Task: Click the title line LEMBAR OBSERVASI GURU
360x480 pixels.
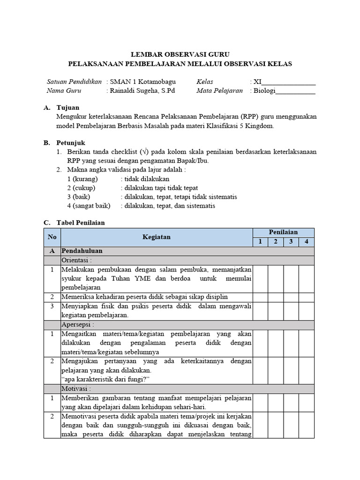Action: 180,54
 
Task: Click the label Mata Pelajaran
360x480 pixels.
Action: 219,91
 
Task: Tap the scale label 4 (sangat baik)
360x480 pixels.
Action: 89,206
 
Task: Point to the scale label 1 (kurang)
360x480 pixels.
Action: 82,179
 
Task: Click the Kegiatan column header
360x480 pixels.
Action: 157,237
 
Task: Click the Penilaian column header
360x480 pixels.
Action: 283,232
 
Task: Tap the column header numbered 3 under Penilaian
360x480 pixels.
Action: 291,242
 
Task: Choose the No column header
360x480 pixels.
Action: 52,237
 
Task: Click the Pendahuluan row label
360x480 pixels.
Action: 82,251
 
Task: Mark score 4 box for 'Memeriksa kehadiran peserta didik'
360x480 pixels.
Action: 307,297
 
